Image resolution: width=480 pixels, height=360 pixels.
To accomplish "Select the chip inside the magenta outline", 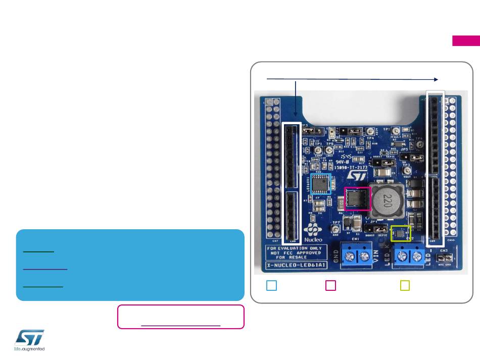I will coord(358,198).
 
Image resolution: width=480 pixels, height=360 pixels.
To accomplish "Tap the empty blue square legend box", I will coord(271,286).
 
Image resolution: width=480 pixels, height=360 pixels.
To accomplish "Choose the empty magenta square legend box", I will coord(330,286).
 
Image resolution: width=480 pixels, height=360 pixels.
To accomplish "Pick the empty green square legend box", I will coord(405,286).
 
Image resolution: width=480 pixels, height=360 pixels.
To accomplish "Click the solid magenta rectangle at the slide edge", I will coord(465,41).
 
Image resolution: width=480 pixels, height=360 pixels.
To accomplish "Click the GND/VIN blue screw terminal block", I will coord(355,255).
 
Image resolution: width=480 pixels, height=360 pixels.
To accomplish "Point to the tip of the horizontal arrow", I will coord(437,79).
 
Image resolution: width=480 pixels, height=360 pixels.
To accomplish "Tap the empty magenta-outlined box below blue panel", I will coord(181,317).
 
